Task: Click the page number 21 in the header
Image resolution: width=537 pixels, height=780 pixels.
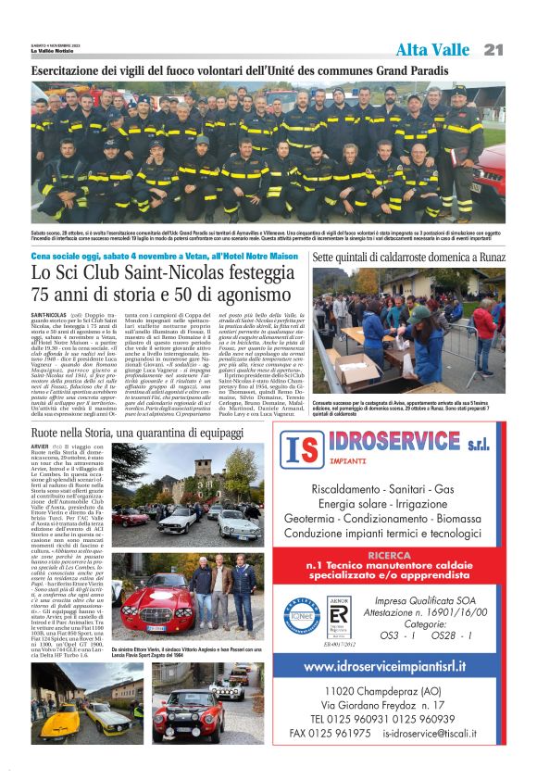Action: tap(493, 48)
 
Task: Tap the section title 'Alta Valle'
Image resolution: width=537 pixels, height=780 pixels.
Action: tap(432, 48)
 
